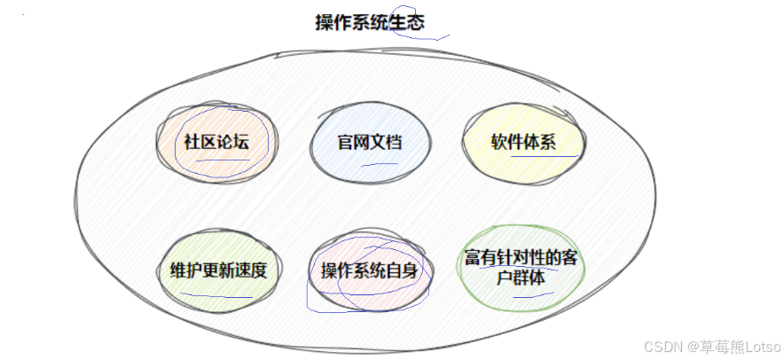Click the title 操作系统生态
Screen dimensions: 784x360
(370, 23)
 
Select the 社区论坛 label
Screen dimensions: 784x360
(216, 142)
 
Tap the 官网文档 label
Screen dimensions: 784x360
(370, 142)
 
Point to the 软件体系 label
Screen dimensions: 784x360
(523, 142)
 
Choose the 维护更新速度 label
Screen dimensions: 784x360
(217, 270)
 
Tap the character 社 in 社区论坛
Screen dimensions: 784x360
(192, 142)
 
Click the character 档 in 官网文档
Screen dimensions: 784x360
(394, 142)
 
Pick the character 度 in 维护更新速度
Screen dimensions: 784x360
(257, 270)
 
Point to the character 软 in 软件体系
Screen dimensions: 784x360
(499, 142)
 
